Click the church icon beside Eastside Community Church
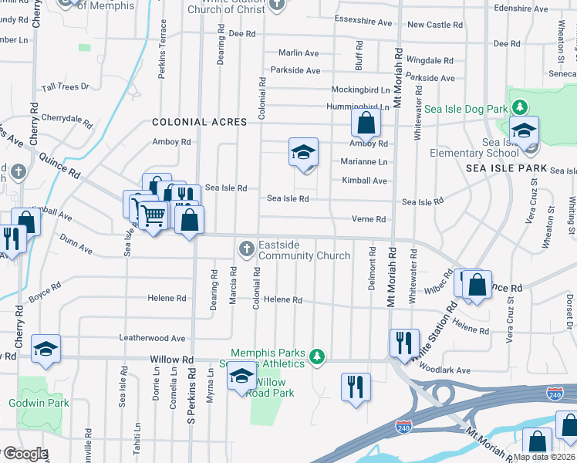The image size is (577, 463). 246,248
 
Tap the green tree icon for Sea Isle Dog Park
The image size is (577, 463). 521,106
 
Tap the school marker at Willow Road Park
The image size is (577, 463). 241,377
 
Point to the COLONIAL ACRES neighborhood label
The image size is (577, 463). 199,122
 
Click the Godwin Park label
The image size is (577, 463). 39,403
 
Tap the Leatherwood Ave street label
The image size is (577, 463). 152,338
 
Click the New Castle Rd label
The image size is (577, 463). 435,25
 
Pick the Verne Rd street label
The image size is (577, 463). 368,219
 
